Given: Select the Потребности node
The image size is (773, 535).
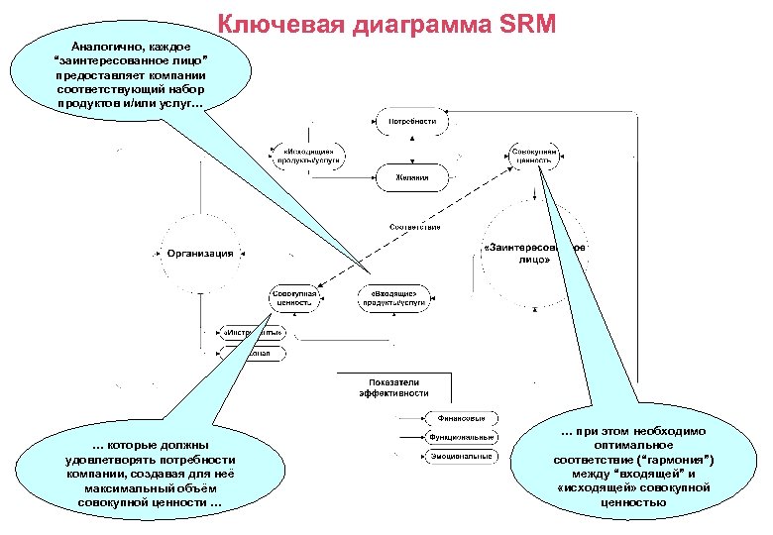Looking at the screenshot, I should pyautogui.click(x=412, y=122).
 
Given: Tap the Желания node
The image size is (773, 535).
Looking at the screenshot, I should pyautogui.click(x=411, y=178).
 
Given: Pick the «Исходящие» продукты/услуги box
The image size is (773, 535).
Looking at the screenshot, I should pyautogui.click(x=307, y=156).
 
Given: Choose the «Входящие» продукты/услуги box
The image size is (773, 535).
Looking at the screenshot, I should pyautogui.click(x=392, y=299).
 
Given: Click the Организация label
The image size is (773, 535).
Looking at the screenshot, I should pyautogui.click(x=200, y=254).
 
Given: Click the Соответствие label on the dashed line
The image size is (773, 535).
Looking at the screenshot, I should pyautogui.click(x=414, y=228).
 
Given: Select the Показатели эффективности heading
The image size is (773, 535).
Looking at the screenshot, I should pyautogui.click(x=393, y=387).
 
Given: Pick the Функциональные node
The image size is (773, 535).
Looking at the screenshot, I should pyautogui.click(x=461, y=437).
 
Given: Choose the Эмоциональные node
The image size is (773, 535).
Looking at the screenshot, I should pyautogui.click(x=460, y=457).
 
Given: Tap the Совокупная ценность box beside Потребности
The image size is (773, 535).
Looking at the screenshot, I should pyautogui.click(x=534, y=156).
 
